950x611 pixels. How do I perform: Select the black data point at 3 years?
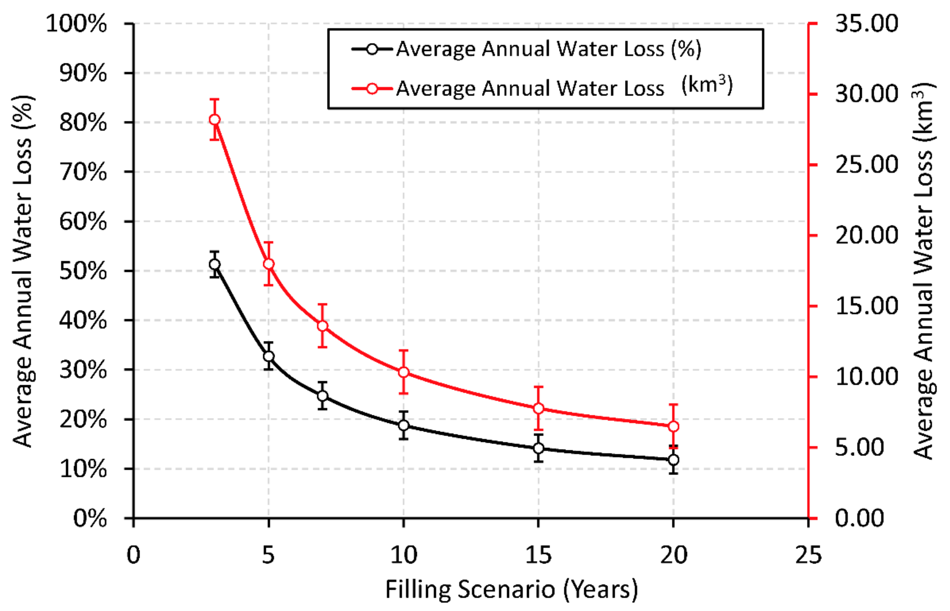pos(215,264)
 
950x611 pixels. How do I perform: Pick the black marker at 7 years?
pos(323,396)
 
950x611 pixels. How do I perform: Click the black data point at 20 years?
pos(673,460)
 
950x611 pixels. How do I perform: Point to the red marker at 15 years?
pos(539,408)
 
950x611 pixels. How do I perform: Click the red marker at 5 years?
pos(269,264)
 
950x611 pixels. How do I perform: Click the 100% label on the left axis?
pos(76,24)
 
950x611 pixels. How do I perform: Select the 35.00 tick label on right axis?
pos(866,24)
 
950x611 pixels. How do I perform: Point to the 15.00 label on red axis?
pos(866,306)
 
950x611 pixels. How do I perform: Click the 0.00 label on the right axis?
pos(859,518)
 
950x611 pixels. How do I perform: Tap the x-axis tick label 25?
pos(808,555)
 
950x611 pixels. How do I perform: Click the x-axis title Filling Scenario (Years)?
pos(511,590)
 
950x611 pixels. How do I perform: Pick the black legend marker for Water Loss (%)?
pos(372,49)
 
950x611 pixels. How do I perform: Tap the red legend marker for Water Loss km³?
pos(372,88)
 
